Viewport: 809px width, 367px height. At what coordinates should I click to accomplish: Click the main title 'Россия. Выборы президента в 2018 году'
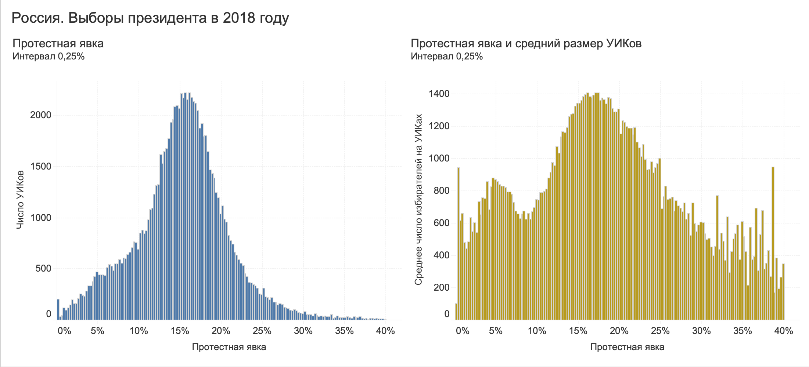pyautogui.click(x=150, y=18)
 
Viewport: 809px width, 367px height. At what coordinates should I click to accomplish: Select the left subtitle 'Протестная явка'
pyautogui.click(x=58, y=44)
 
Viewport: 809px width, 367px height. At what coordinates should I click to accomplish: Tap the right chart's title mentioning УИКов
pyautogui.click(x=526, y=44)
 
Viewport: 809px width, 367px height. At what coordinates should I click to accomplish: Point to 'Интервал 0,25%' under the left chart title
pyautogui.click(x=48, y=57)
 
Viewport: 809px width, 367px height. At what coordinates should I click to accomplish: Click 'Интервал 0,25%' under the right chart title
pyautogui.click(x=446, y=57)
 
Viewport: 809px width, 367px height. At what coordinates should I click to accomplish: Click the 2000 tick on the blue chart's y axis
pyautogui.click(x=40, y=115)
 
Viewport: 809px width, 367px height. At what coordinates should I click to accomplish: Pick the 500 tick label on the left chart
pyautogui.click(x=43, y=269)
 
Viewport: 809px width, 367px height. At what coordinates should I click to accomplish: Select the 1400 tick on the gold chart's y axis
pyautogui.click(x=439, y=94)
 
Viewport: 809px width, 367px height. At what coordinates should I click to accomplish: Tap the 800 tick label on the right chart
pyautogui.click(x=441, y=191)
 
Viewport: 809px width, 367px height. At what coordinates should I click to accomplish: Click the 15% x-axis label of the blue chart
pyautogui.click(x=180, y=331)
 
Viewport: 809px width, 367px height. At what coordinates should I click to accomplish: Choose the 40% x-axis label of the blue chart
pyautogui.click(x=385, y=331)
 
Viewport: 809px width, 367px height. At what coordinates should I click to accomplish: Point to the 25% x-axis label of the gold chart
pyautogui.click(x=660, y=331)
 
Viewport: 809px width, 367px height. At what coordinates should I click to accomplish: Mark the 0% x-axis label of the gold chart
pyautogui.click(x=463, y=331)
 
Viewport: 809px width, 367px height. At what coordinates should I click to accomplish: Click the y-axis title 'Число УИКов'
pyautogui.click(x=21, y=200)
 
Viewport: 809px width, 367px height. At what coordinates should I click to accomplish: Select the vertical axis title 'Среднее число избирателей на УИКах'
pyautogui.click(x=418, y=200)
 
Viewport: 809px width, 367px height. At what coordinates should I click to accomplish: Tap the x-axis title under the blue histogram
pyautogui.click(x=229, y=347)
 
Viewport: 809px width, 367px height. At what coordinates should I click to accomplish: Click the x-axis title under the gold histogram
pyautogui.click(x=627, y=347)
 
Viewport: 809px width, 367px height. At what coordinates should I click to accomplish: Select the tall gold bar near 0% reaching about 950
pyautogui.click(x=459, y=242)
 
